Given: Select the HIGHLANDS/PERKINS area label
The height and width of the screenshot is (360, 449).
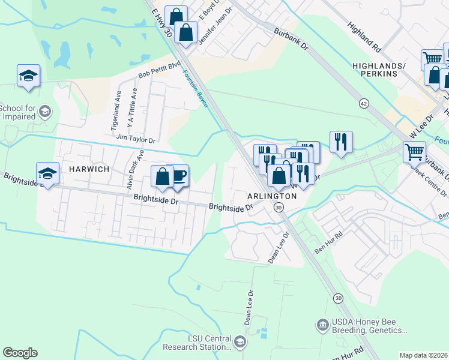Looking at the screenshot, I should coord(375,69).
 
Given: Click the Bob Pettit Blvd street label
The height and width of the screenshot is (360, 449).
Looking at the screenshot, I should coord(159,70).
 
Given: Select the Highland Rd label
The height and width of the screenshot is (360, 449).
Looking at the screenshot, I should coord(364,36).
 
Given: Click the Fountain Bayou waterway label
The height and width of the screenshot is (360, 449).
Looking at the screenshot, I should coord(196,91).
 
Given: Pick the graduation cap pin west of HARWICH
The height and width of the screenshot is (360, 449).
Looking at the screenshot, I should coord(47,173).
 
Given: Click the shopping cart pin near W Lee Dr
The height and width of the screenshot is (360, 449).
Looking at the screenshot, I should coord(414,151).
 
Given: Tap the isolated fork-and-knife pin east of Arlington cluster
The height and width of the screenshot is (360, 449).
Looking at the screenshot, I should coord(340,142).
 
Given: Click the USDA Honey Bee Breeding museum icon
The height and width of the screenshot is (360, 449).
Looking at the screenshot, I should coord(323,325).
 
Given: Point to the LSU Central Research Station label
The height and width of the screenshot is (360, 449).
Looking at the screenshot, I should coord(209,343).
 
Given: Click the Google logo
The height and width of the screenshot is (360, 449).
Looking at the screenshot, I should coord(20,353).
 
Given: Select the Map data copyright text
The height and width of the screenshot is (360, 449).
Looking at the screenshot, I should coord(423,355).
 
